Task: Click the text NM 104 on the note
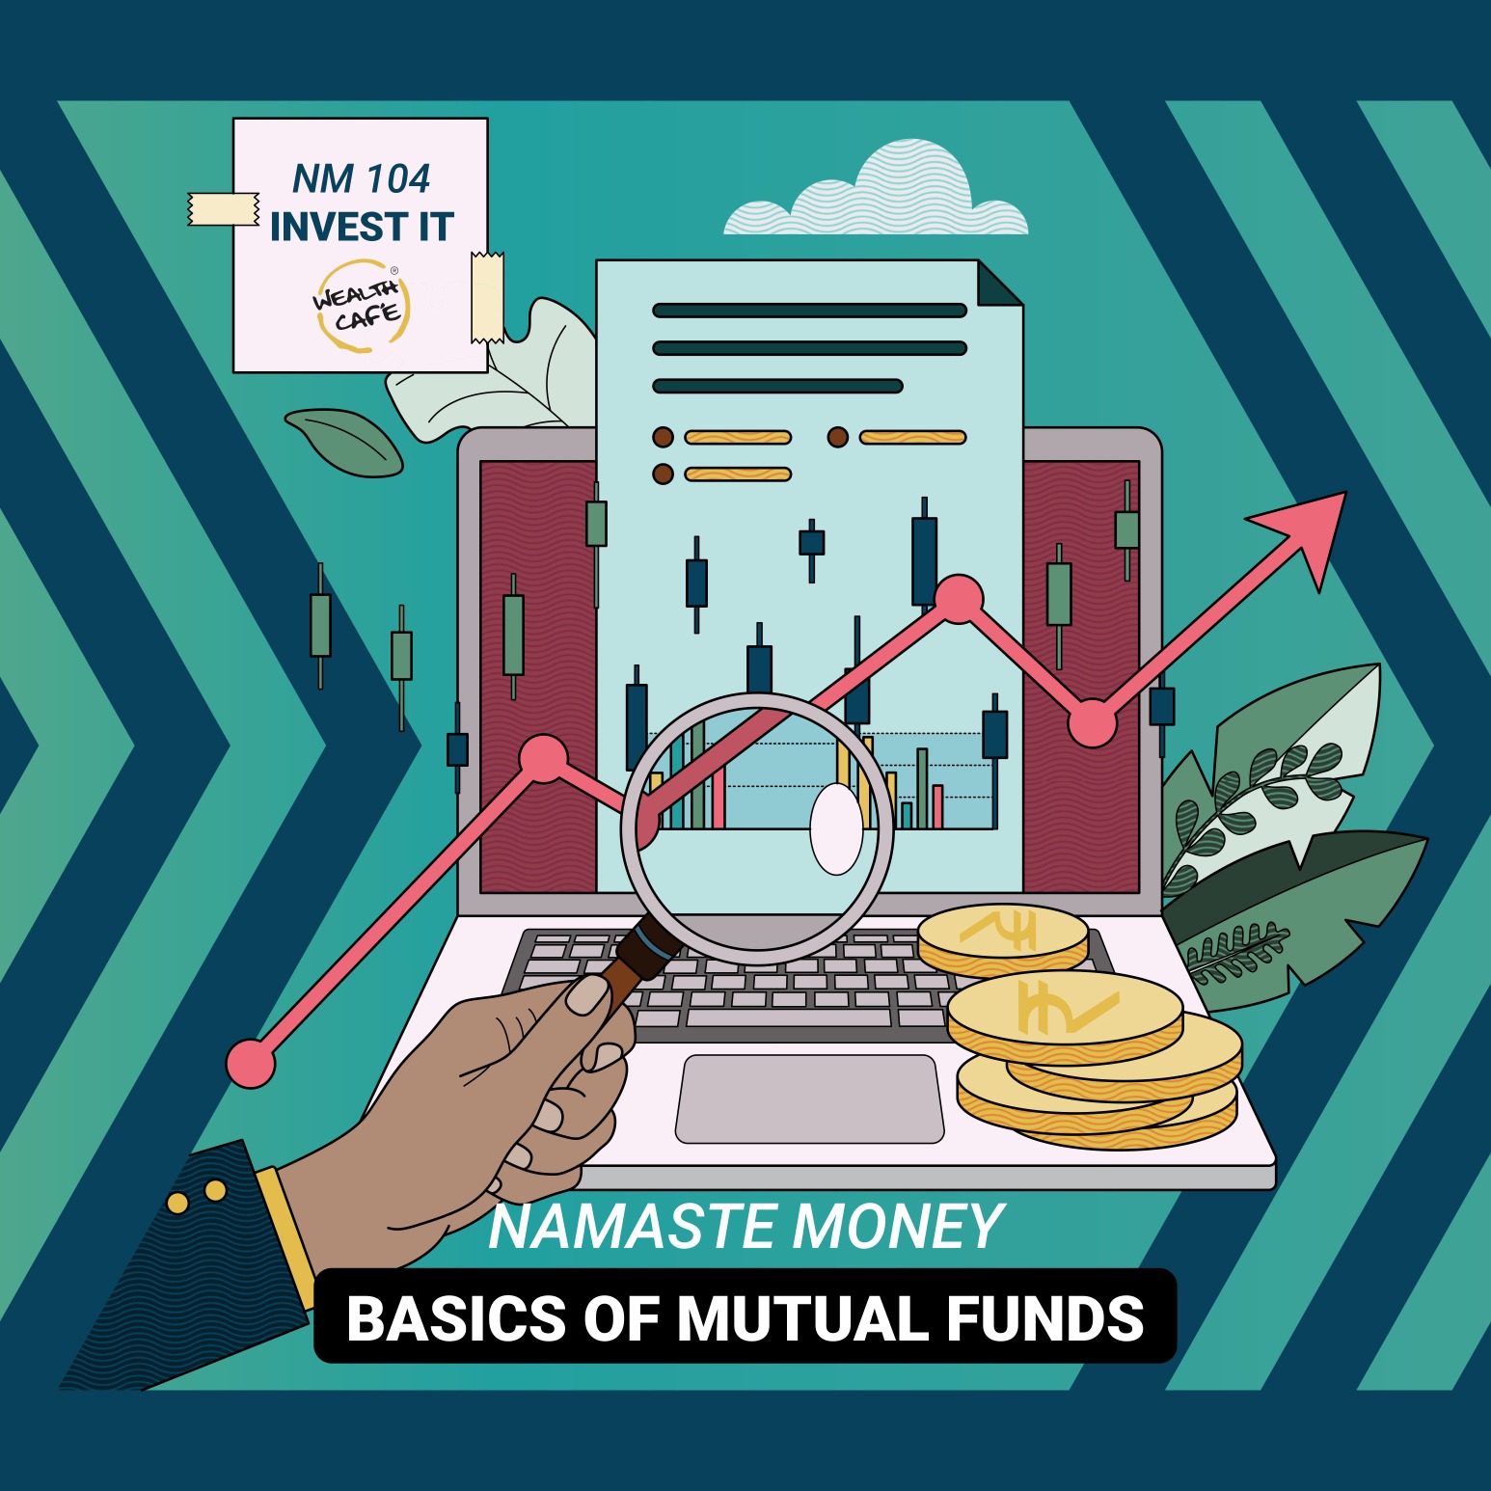(361, 178)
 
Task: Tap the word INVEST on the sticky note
(325, 227)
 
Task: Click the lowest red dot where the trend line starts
(251, 1064)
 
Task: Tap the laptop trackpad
(809, 1098)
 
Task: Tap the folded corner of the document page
(1001, 282)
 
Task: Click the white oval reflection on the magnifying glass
(836, 829)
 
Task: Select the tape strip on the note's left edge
(223, 209)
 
